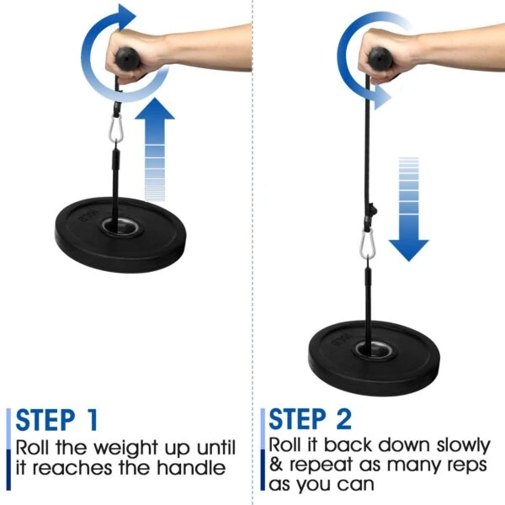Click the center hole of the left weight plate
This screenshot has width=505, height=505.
113,226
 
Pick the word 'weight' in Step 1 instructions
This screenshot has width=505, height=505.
117,446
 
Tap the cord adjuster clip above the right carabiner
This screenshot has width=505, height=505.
371,210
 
